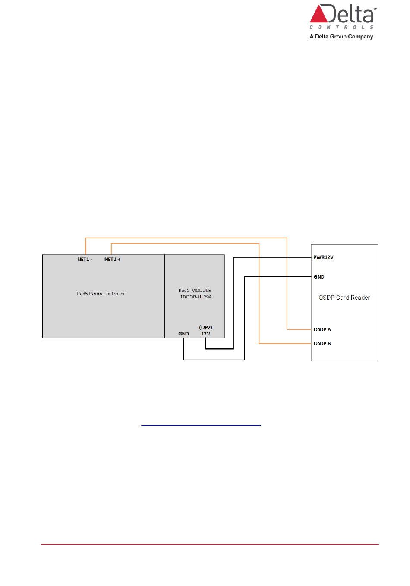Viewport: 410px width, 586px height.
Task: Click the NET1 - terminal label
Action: point(85,260)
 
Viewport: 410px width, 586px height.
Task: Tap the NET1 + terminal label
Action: point(112,260)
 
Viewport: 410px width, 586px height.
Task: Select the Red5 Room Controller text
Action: point(101,294)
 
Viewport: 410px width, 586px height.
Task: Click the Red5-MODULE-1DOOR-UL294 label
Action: point(196,294)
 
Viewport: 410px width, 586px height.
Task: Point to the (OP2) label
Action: point(205,327)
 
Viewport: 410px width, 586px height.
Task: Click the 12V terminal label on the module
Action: point(206,334)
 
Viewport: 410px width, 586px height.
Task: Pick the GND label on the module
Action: point(183,334)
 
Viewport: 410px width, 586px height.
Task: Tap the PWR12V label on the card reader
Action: point(323,257)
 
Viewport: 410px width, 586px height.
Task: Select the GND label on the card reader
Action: point(319,277)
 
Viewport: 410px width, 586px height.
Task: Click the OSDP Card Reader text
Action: point(344,298)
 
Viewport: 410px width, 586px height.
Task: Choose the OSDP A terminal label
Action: point(322,329)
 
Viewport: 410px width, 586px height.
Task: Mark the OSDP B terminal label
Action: point(322,343)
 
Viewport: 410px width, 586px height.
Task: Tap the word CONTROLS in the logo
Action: point(341,27)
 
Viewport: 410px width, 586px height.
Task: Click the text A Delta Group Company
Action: point(341,37)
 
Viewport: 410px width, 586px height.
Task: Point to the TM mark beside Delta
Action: point(375,9)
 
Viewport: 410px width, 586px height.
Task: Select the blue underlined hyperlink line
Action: point(201,425)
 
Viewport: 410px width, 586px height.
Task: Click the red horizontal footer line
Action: point(210,544)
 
